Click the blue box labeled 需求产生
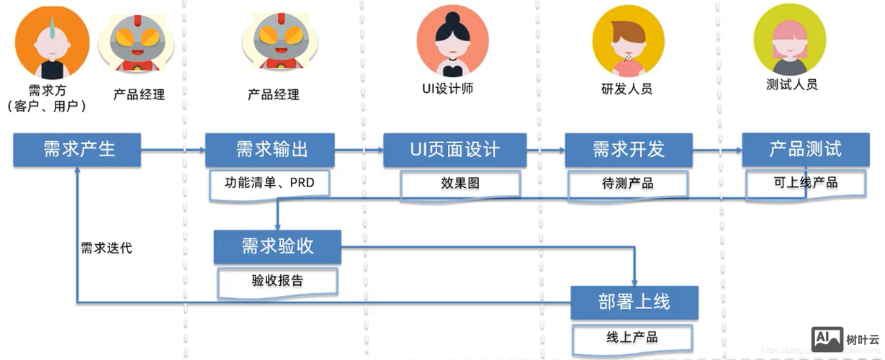(77, 150)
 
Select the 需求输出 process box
(270, 150)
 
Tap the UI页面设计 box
(454, 150)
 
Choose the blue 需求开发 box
(628, 150)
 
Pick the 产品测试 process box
(804, 150)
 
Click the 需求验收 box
(277, 246)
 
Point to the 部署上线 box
(634, 302)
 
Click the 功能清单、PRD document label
(270, 183)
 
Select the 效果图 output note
(460, 184)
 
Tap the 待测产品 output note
(627, 184)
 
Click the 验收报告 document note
(277, 280)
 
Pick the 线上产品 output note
(632, 337)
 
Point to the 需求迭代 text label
(106, 249)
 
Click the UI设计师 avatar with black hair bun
(452, 40)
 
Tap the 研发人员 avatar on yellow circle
(628, 40)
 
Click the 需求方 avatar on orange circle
(52, 42)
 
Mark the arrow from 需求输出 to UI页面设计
(359, 150)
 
